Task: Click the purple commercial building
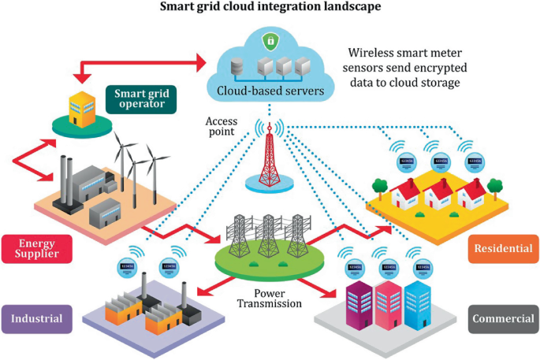click(x=360, y=300)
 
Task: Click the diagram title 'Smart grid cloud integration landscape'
click(x=270, y=7)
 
